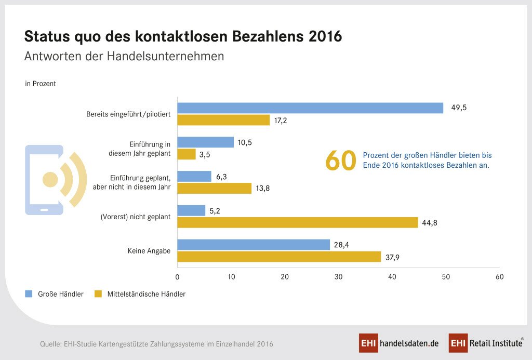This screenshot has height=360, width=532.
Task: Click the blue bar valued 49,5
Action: click(x=310, y=108)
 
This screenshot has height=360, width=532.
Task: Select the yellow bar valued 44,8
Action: click(x=298, y=222)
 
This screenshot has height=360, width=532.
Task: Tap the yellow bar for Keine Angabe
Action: click(x=279, y=257)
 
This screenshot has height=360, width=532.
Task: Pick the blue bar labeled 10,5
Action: click(x=206, y=142)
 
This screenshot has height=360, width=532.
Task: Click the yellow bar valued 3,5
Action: click(x=187, y=154)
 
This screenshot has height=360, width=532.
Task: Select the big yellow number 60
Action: click(x=341, y=161)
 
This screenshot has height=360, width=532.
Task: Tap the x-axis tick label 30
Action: click(x=339, y=277)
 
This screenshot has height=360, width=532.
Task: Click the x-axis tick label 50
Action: click(x=446, y=277)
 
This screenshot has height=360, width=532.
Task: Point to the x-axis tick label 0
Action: click(x=178, y=277)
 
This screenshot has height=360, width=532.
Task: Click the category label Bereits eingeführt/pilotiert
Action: click(x=128, y=114)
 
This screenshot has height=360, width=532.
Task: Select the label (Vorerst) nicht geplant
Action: click(x=136, y=217)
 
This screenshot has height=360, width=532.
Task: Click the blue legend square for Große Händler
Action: click(x=29, y=294)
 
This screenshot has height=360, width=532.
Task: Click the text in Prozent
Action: click(x=41, y=83)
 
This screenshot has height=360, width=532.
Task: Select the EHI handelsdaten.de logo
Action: click(x=399, y=343)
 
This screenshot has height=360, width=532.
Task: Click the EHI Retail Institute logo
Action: click(x=486, y=343)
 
